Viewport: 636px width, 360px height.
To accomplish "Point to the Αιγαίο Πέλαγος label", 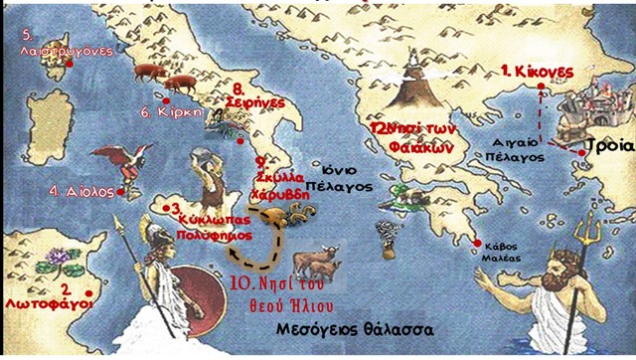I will pyautogui.click(x=518, y=148).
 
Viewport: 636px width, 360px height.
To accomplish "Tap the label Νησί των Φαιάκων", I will pyautogui.click(x=415, y=136).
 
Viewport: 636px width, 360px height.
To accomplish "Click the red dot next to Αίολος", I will pyautogui.click(x=120, y=191).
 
